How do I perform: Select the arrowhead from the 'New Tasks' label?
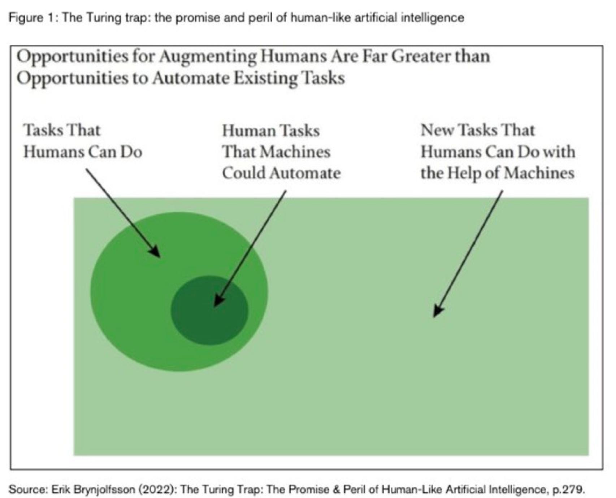[x=438, y=310]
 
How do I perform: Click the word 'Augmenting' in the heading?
[x=208, y=57]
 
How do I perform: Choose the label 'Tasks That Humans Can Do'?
[x=83, y=141]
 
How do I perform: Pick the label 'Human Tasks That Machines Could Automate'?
[x=281, y=152]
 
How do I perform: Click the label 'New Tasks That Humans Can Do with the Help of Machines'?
[x=497, y=151]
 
